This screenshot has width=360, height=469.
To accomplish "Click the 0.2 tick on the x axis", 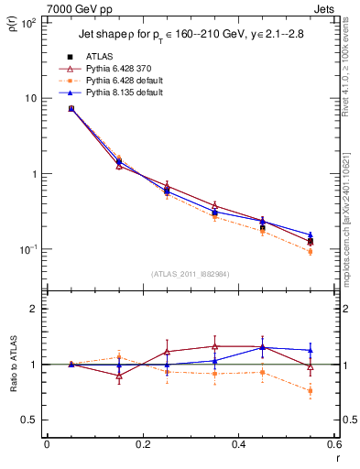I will pos(142,447).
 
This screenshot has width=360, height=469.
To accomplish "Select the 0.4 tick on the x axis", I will pos(237,447).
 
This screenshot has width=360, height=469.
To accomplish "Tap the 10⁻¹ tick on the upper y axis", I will pos(29,249).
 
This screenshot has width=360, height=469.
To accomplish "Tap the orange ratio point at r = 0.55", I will pos(310,391).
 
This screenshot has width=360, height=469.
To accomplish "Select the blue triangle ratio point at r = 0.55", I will pos(310,350).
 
